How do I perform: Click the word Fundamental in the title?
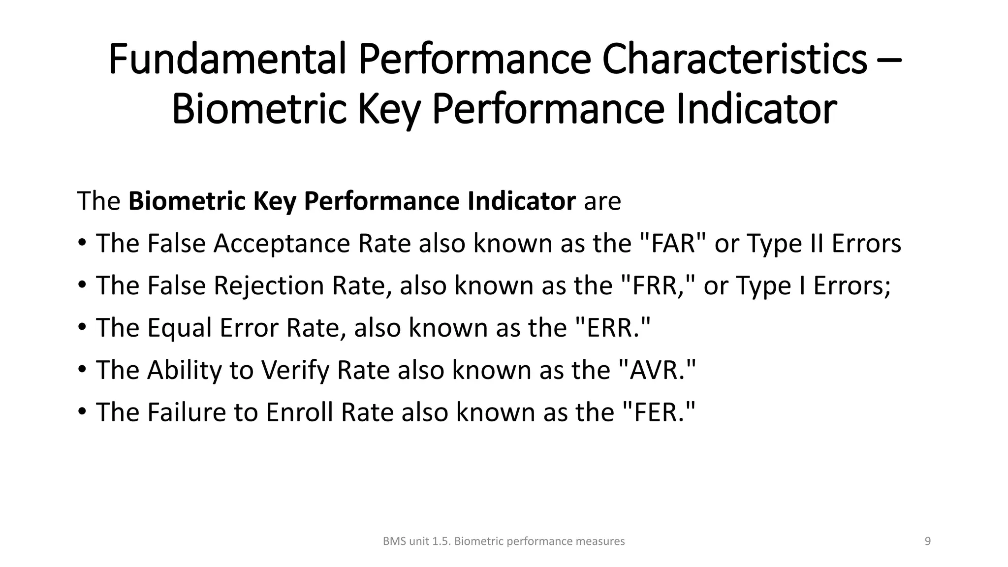pos(227,59)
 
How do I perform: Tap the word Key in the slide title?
pos(389,109)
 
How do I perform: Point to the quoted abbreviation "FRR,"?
pos(658,286)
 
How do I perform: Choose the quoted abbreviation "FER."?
pos(659,412)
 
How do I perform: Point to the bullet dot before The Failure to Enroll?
pos(82,410)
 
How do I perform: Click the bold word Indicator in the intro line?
pos(521,201)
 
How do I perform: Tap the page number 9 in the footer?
pos(928,541)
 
